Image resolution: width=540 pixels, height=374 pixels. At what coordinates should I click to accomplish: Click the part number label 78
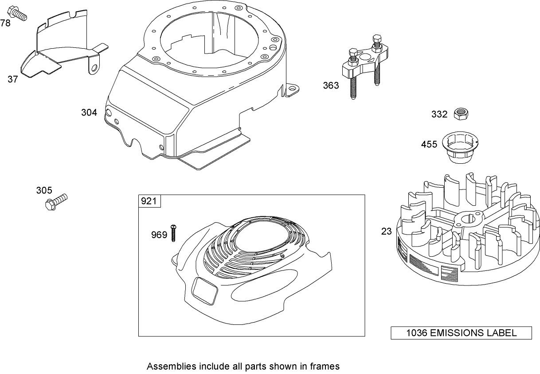(x=5, y=23)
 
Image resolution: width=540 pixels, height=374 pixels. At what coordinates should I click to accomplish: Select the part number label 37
(x=13, y=79)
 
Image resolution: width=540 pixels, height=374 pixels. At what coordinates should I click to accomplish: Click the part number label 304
(x=89, y=113)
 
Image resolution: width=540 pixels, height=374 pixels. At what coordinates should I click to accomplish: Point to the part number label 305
(x=44, y=191)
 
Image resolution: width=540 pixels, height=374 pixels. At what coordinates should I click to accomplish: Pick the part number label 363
(x=331, y=85)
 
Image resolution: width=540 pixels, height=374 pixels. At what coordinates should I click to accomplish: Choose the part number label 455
(x=429, y=145)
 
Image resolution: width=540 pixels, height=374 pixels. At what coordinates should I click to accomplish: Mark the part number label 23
(x=387, y=231)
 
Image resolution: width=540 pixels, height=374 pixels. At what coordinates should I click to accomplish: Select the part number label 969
(x=159, y=235)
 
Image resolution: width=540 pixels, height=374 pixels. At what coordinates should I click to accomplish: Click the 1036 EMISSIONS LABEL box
(x=461, y=333)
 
